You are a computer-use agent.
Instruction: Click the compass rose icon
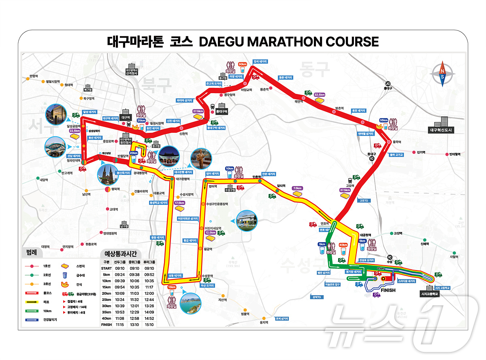coord(443,74)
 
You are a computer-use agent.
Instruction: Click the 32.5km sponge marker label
coord(320,94)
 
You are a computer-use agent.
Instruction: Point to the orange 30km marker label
coord(242,64)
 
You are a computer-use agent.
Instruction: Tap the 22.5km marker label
coord(75,131)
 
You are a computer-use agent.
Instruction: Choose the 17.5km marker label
coord(179,203)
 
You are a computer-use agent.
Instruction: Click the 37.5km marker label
coord(345,190)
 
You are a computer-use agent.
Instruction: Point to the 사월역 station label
coord(454,256)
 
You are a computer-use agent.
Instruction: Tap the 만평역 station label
coord(33,76)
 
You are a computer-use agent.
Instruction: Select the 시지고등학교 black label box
coord(431,294)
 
